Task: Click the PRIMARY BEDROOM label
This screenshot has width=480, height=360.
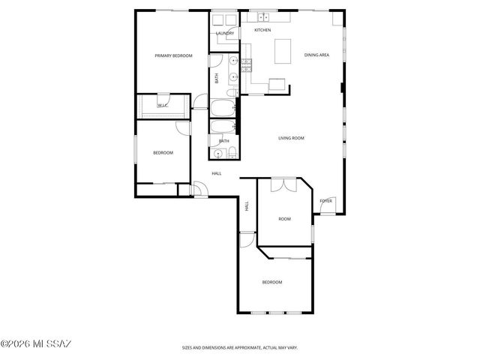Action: [x=173, y=55]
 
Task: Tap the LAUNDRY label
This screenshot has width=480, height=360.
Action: [x=224, y=34]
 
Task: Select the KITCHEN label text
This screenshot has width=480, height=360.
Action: [x=262, y=30]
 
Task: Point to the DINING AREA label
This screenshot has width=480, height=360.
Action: [x=316, y=55]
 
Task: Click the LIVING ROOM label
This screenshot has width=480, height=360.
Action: [x=291, y=138]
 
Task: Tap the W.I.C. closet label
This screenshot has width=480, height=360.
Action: [x=162, y=106]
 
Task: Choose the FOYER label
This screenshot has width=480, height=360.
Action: [x=325, y=201]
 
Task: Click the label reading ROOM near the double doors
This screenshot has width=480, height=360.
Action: [x=284, y=219]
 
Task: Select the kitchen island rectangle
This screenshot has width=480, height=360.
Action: [x=283, y=51]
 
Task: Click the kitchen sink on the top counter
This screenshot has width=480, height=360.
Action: [x=264, y=16]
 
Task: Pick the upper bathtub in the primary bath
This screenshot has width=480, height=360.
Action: [x=223, y=107]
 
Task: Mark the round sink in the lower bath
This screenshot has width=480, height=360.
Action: [x=219, y=154]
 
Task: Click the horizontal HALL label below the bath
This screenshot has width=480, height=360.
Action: [x=217, y=173]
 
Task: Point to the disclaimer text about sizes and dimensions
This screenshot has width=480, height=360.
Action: [x=240, y=347]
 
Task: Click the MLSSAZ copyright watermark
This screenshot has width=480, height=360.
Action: [x=36, y=344]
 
